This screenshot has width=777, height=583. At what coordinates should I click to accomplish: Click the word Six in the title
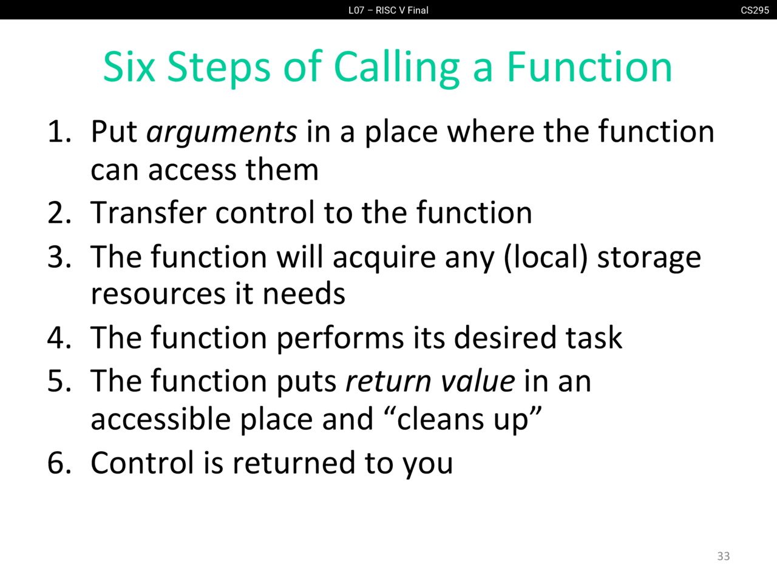pyautogui.click(x=129, y=67)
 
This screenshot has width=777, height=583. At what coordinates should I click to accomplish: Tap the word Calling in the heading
pyautogui.click(x=396, y=69)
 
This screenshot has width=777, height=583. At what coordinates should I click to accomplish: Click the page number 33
pyautogui.click(x=723, y=556)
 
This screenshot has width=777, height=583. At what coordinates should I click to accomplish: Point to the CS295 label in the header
pyautogui.click(x=755, y=10)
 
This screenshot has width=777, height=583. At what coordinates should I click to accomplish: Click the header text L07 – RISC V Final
pyautogui.click(x=388, y=10)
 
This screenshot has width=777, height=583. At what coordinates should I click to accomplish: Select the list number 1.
pyautogui.click(x=59, y=132)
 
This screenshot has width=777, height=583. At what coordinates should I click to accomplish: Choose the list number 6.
pyautogui.click(x=59, y=462)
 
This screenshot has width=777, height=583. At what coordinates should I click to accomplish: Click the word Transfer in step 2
pyautogui.click(x=148, y=212)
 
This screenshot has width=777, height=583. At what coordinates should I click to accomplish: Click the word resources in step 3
pyautogui.click(x=158, y=294)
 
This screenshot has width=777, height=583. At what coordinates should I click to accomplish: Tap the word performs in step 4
pyautogui.click(x=340, y=339)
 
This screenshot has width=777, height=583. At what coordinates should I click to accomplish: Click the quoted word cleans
pyautogui.click(x=440, y=420)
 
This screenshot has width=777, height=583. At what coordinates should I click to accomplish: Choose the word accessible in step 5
pyautogui.click(x=161, y=419)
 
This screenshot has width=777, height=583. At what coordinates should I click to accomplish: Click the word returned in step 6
pyautogui.click(x=294, y=463)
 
